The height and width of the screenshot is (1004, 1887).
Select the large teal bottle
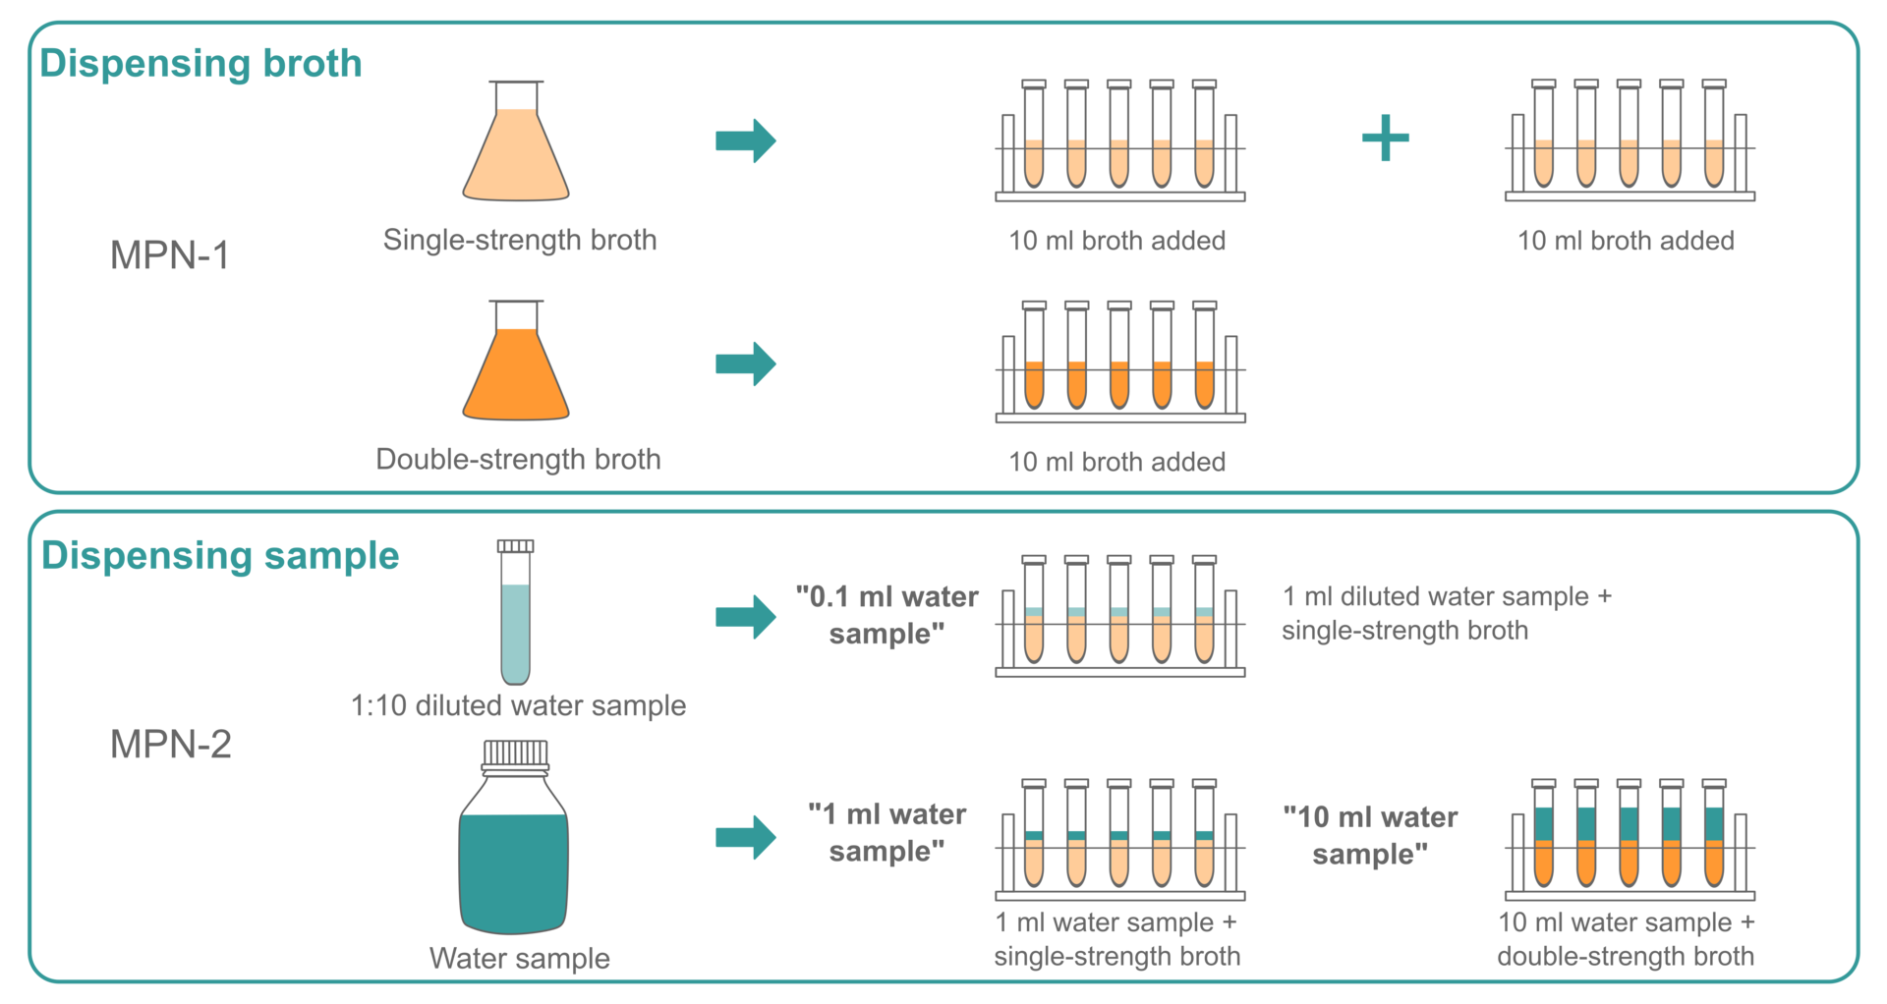(x=513, y=869)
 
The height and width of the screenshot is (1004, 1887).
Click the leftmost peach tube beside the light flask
(x=1034, y=162)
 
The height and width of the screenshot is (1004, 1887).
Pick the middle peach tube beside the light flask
(x=1119, y=162)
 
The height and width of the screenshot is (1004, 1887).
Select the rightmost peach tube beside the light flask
(x=1204, y=162)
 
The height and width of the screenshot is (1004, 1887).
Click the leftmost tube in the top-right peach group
(x=1544, y=162)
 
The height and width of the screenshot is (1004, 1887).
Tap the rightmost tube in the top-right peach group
(x=1714, y=162)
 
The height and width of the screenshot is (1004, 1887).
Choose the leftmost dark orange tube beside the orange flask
(x=1034, y=383)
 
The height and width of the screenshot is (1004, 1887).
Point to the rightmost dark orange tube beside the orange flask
(x=1204, y=383)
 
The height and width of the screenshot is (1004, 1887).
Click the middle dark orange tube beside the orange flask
(x=1119, y=383)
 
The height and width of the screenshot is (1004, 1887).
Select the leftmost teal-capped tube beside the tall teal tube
(x=1034, y=634)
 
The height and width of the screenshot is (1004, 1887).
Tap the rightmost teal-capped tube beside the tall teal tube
(x=1204, y=634)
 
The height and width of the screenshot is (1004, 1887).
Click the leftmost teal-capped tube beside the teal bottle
(x=1034, y=857)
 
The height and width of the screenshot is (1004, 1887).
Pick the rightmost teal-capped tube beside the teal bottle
(x=1204, y=857)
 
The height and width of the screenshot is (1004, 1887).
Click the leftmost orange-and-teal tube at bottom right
(x=1544, y=845)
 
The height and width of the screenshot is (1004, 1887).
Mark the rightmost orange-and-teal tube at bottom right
(x=1714, y=845)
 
